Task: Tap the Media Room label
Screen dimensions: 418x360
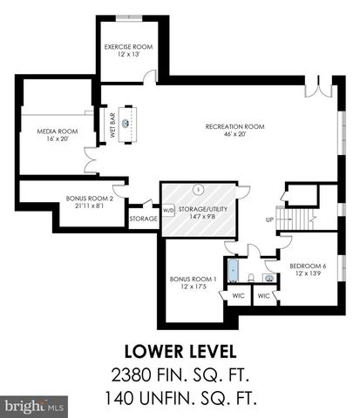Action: tap(51, 131)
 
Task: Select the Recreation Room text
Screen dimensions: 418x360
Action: tap(234, 126)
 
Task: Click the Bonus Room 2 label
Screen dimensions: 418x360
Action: tap(90, 198)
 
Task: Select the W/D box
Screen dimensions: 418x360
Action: tap(168, 210)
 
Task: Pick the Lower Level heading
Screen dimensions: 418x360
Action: tap(180, 352)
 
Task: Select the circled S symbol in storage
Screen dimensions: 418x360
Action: tap(199, 189)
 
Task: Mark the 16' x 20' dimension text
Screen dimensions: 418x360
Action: tap(51, 139)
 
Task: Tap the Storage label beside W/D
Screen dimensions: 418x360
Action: tap(143, 219)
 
